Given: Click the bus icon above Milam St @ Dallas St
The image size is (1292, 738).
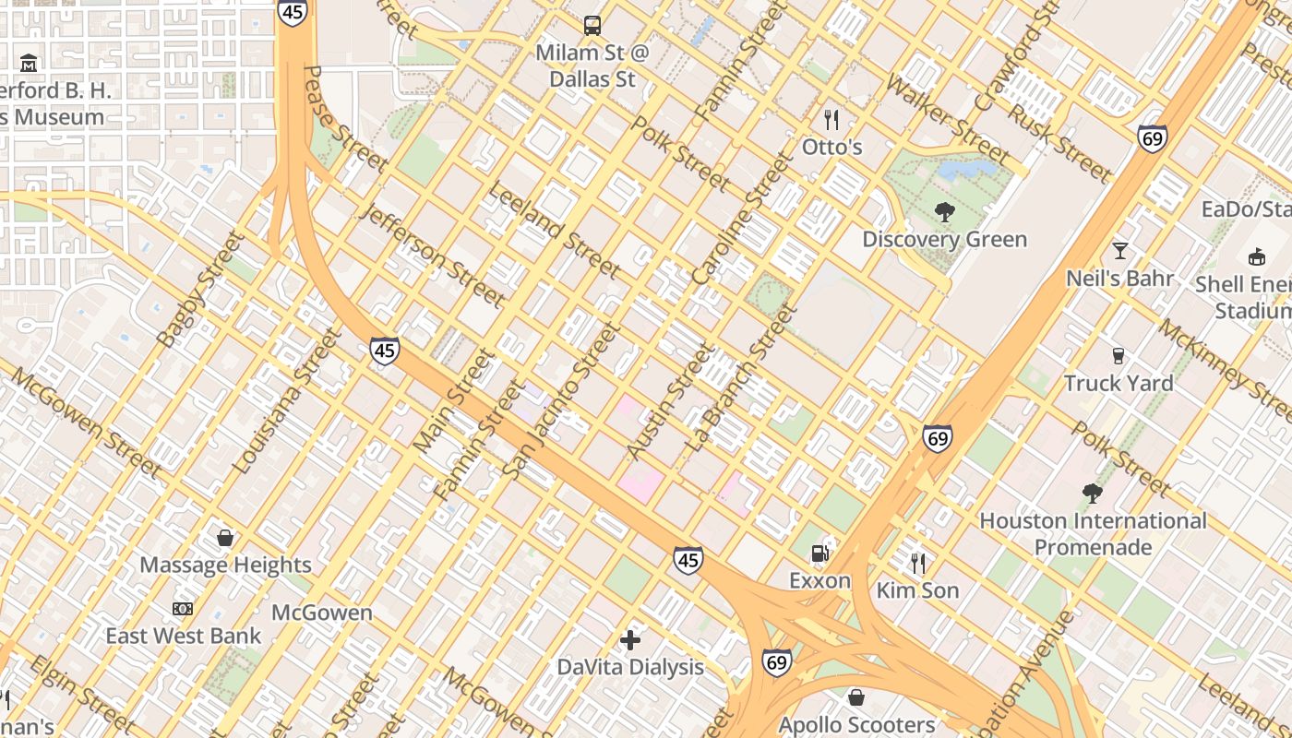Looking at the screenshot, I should point(592,25).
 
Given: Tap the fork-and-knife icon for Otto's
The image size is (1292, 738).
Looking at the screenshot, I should point(831,119).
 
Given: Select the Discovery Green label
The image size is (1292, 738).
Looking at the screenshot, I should point(944,239).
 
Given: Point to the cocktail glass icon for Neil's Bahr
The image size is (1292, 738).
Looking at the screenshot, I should point(1119,250).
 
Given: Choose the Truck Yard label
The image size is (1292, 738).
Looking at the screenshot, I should point(1119,383).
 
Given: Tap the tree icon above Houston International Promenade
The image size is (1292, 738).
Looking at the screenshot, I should point(1093,494).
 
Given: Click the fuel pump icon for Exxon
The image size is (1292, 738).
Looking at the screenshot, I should point(819,553).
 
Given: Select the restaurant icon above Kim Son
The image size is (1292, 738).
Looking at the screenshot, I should point(917,563).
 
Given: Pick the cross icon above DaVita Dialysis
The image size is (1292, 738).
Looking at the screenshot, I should point(630,639).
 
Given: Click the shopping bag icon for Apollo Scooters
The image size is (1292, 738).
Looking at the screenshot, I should point(856,697).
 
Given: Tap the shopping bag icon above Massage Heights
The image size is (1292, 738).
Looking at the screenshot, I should point(225,537).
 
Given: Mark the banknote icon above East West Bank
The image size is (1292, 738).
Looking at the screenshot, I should point(183,609).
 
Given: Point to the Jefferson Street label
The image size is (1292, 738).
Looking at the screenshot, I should point(434,256).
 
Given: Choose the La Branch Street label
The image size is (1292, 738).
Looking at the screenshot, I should point(739,377).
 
